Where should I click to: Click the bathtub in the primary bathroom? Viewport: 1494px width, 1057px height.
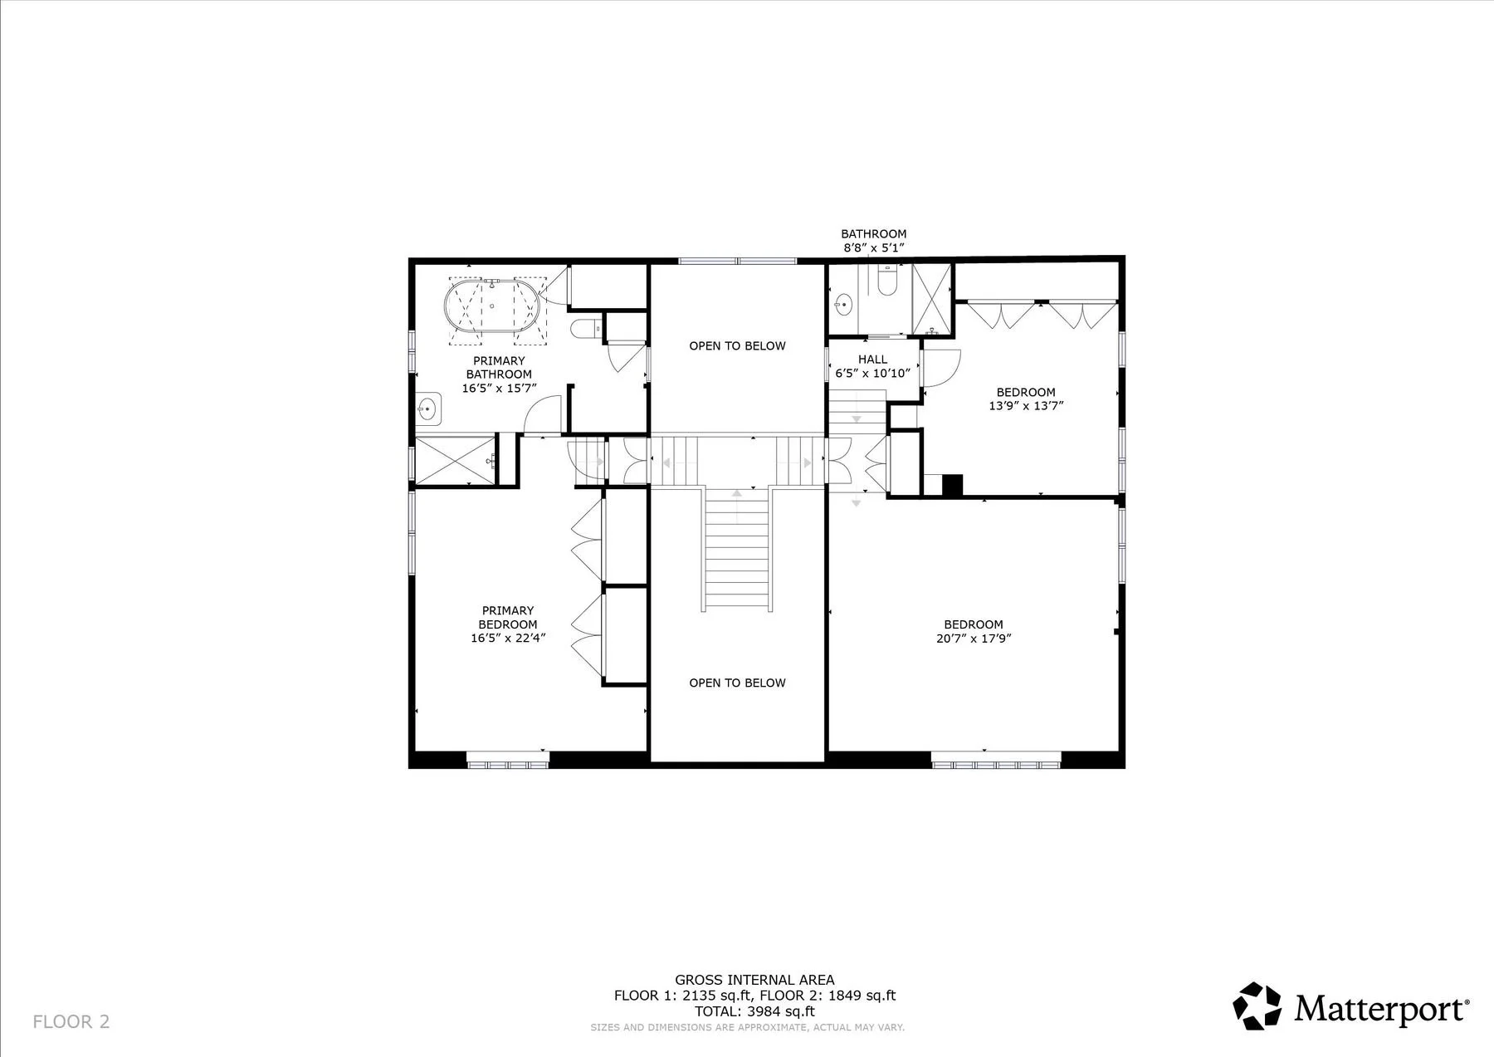(x=492, y=306)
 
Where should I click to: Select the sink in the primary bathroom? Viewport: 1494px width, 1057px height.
(x=428, y=409)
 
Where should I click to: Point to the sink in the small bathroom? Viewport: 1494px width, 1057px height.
(x=843, y=305)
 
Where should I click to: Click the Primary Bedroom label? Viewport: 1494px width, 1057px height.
(x=508, y=617)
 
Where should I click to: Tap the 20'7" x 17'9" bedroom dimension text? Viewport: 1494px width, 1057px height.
(x=974, y=639)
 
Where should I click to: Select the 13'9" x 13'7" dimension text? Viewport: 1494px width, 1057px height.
(x=1026, y=406)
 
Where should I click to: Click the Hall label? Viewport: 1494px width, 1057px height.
(x=873, y=360)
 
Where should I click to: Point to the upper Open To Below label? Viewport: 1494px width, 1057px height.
(x=737, y=345)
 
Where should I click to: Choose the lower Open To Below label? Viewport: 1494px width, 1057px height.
(x=737, y=683)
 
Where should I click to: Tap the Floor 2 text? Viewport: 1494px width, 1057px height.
(x=71, y=1021)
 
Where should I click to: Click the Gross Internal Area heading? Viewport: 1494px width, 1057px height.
(x=754, y=980)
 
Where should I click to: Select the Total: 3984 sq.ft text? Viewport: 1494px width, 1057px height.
(x=754, y=1011)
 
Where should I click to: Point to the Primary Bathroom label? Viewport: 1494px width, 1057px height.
(x=500, y=368)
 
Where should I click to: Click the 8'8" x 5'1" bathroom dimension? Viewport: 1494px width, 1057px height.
(x=873, y=247)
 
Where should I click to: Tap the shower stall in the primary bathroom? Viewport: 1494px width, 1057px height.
(x=456, y=460)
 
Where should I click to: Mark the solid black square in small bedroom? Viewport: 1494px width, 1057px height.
(x=952, y=485)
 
